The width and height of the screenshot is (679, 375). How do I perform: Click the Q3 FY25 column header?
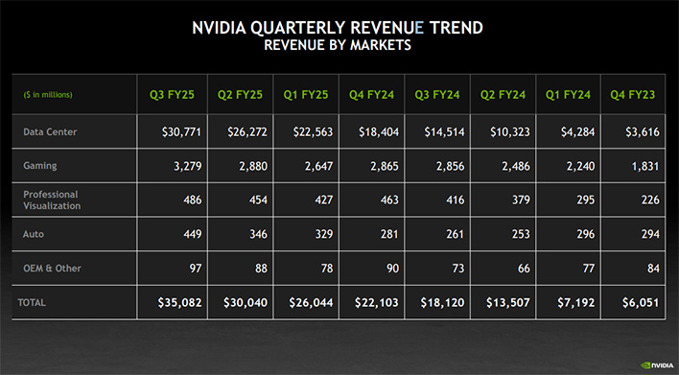[x=173, y=94]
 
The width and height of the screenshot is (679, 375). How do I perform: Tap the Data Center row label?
[x=51, y=131]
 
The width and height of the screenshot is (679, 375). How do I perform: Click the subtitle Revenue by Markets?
[x=339, y=45]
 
